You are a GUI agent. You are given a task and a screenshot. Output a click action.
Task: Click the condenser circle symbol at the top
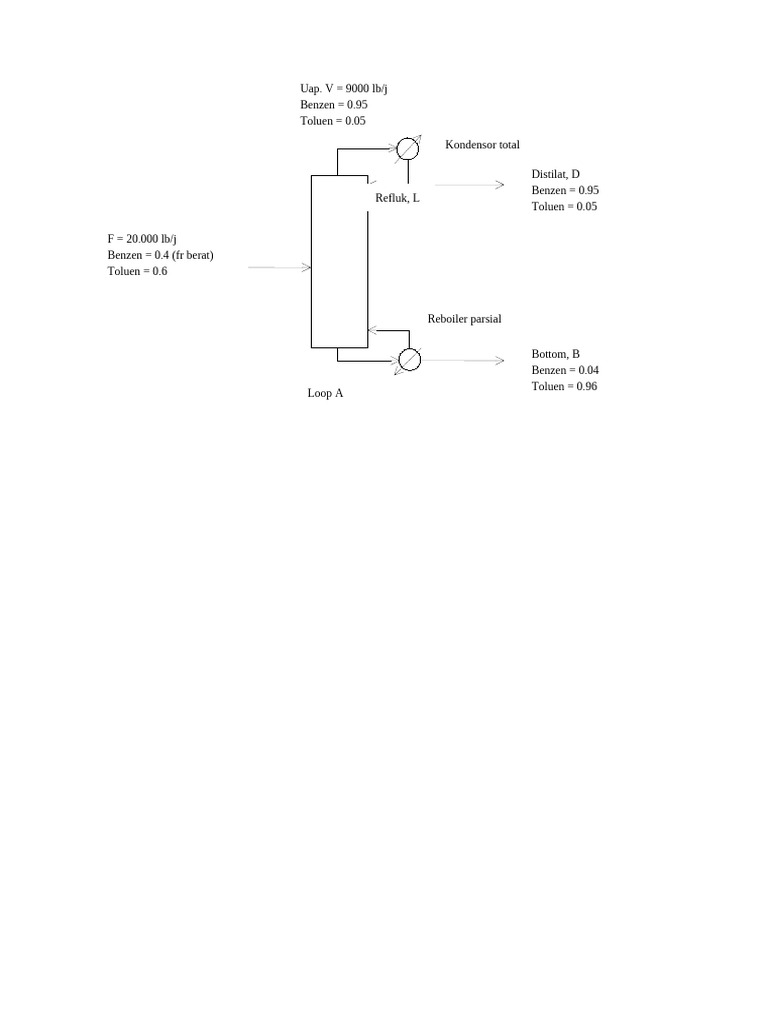[x=407, y=149]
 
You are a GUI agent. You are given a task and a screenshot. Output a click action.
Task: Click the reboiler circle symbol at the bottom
[x=409, y=359]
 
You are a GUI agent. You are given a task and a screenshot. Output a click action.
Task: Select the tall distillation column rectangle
[x=339, y=261]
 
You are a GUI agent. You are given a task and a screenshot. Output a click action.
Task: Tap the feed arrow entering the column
[x=280, y=268]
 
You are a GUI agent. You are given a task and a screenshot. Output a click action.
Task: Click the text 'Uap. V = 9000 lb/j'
[x=344, y=89]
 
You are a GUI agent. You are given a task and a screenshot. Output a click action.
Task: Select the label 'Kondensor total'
[x=482, y=145]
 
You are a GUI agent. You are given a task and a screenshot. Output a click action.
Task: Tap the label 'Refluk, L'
[x=397, y=198]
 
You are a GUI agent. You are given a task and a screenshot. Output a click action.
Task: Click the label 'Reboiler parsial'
[x=464, y=319]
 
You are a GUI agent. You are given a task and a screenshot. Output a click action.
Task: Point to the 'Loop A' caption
[x=325, y=394]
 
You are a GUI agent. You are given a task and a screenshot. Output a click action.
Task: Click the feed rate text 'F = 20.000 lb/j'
[x=142, y=239]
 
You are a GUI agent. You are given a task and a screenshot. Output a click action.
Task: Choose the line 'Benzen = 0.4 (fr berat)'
[x=160, y=255]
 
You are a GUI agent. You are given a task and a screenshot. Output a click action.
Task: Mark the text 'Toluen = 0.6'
[x=137, y=271]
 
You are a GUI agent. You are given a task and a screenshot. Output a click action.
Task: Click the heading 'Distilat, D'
[x=555, y=174]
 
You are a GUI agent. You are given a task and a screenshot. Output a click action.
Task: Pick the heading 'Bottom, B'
[x=555, y=354]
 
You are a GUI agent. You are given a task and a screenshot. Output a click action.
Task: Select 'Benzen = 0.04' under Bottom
[x=565, y=370]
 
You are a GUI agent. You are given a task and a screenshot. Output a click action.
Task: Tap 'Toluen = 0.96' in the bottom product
[x=564, y=386]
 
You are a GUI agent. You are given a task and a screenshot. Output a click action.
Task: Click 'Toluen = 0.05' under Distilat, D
[x=564, y=206]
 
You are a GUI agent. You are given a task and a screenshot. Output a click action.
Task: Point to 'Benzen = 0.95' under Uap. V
[x=333, y=105]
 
